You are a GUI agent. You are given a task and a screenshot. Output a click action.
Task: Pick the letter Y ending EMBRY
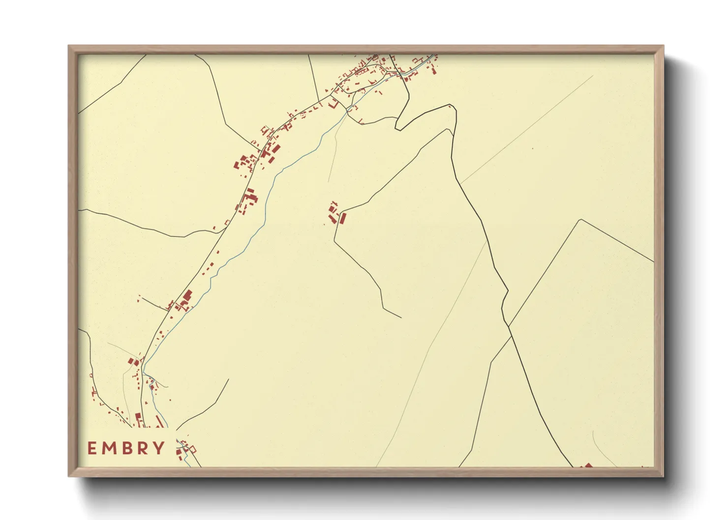159,448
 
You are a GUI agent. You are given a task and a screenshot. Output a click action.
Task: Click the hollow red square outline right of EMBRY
193,449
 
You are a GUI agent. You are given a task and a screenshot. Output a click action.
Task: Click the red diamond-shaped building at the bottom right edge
587,465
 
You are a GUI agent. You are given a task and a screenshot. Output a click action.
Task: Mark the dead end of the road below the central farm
401,318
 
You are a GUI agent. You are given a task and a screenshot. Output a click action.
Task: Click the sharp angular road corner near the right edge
581,220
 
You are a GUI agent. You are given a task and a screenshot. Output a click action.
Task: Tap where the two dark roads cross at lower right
510,326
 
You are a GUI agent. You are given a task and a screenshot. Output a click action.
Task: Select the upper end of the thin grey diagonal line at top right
593,76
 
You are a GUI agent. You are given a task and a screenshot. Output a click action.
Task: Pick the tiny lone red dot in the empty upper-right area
532,148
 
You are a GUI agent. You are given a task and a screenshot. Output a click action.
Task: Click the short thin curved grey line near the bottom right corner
603,450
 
